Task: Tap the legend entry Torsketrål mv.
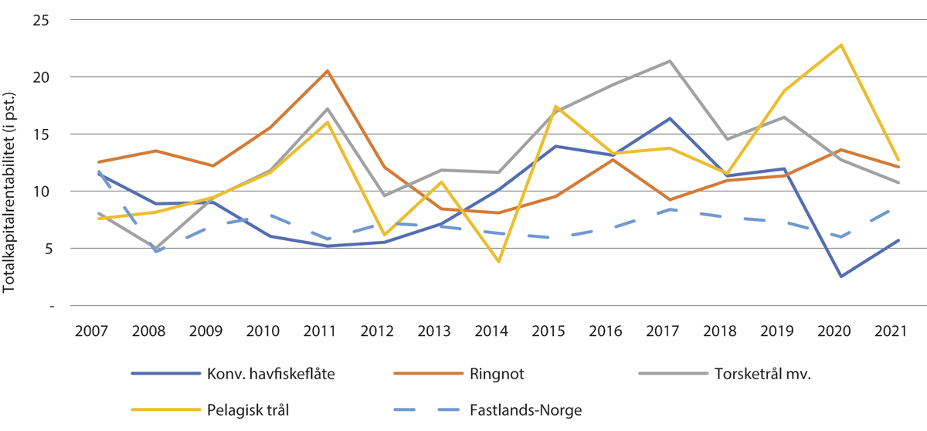point(762,373)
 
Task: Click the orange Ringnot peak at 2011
point(328,71)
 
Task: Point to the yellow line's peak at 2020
point(840,45)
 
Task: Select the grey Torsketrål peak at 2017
point(669,61)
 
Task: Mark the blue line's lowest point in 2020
point(840,277)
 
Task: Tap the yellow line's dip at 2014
point(498,262)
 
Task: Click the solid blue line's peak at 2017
point(669,118)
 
